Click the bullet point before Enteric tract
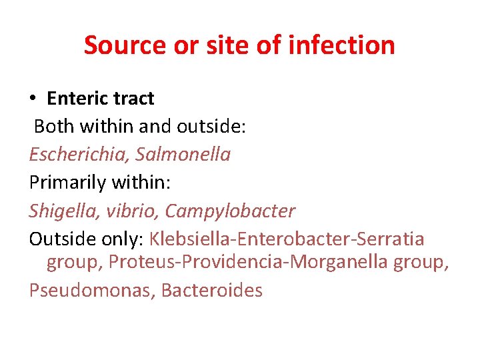tap(33, 99)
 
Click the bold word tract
tap(132, 99)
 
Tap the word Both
tap(51, 127)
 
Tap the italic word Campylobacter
tap(230, 211)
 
